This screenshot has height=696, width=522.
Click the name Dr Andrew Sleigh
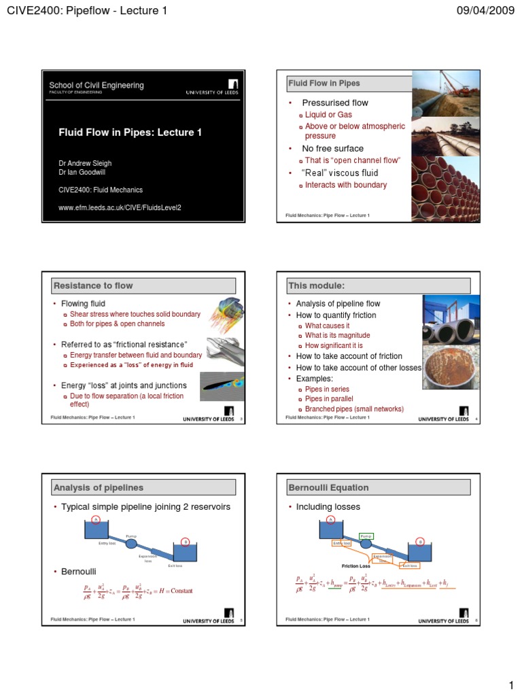pos(85,163)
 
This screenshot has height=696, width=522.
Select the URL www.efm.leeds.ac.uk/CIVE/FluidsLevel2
pos(120,207)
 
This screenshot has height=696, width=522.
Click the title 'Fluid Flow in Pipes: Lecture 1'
pos(130,133)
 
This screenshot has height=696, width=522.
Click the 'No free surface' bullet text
pos(332,148)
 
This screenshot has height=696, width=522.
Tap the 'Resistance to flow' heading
pos(93,285)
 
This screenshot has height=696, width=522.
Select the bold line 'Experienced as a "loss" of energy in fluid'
pos(131,365)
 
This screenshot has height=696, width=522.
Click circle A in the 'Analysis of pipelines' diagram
pos(96,520)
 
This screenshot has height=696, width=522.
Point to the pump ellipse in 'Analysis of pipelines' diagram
pos(131,543)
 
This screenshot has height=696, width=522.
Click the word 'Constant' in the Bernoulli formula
pos(181,591)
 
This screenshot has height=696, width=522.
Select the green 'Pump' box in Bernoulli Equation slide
pos(366,536)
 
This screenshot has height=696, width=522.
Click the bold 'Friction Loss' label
pos(356,565)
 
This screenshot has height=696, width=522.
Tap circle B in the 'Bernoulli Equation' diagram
pos(420,542)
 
